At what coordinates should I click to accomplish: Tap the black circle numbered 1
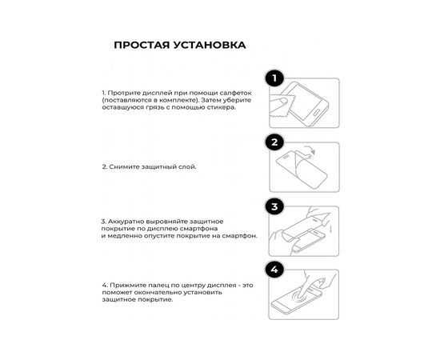pos(275,78)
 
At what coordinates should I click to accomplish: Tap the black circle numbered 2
pos(275,142)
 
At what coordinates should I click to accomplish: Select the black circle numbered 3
pos(275,207)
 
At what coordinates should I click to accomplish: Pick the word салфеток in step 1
pos(226,93)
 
